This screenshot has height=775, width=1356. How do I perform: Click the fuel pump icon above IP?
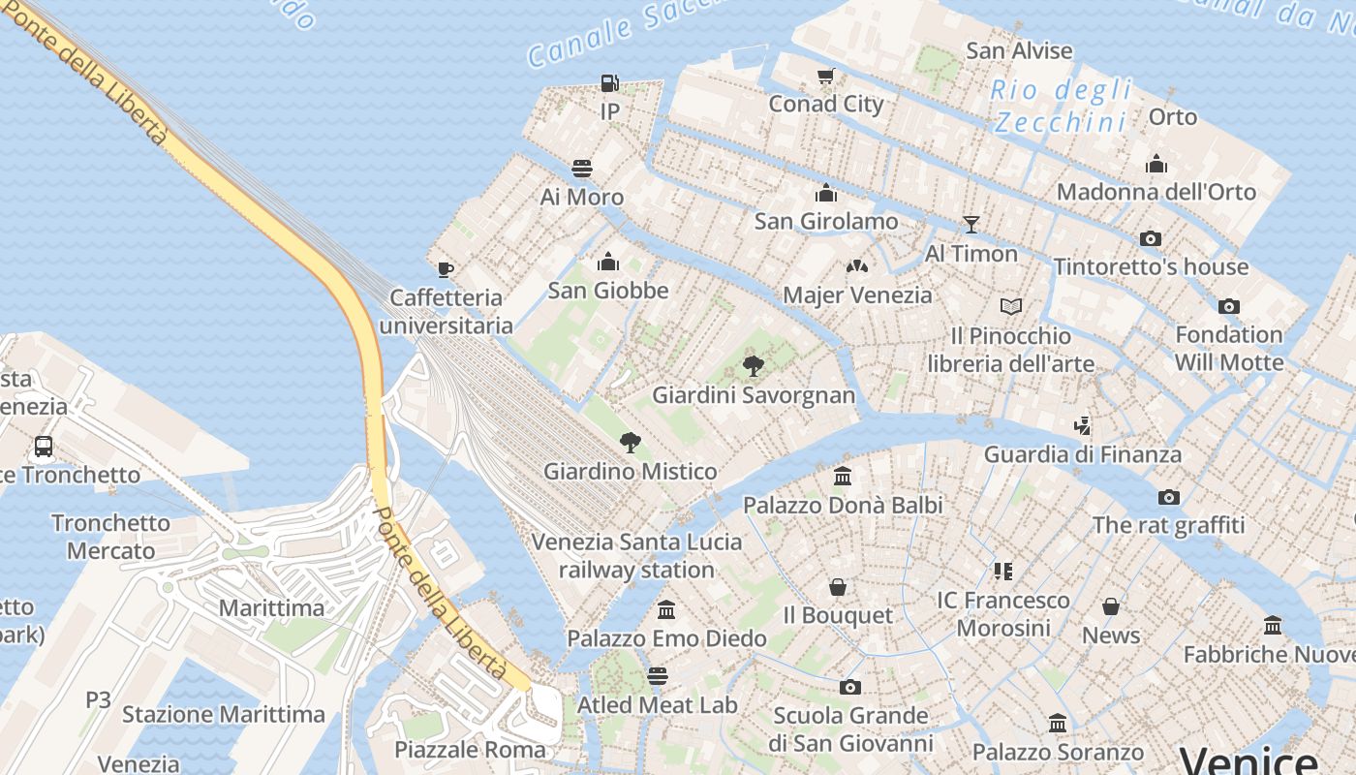(x=609, y=83)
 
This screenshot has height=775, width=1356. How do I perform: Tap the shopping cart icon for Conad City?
(x=826, y=76)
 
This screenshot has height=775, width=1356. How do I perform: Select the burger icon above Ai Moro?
(x=582, y=169)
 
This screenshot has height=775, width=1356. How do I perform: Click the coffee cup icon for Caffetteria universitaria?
(x=446, y=269)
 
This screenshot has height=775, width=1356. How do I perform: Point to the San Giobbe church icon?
(x=608, y=262)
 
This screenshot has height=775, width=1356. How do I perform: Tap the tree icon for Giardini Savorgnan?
(x=754, y=366)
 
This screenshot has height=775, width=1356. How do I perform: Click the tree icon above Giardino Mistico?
(x=631, y=443)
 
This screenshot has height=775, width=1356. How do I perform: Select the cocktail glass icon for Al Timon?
(x=971, y=225)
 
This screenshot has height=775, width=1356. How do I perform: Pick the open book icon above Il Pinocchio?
(x=1011, y=307)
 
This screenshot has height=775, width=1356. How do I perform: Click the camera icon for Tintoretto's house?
(x=1151, y=238)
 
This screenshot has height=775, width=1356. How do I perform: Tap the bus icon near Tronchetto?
(x=44, y=447)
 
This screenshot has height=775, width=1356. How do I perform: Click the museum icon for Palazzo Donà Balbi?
(x=843, y=477)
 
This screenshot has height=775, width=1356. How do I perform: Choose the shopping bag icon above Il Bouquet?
(x=838, y=587)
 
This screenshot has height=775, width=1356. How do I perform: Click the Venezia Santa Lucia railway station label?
(x=636, y=556)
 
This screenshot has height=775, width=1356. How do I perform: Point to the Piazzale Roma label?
(x=470, y=750)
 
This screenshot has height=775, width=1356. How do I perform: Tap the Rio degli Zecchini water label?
(x=1062, y=107)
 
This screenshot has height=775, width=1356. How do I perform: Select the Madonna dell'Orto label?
(x=1156, y=192)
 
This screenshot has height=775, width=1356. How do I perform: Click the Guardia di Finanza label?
(x=1083, y=454)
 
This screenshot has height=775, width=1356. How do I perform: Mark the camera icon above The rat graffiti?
(x=1169, y=497)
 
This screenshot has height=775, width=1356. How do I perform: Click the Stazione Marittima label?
(x=224, y=715)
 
